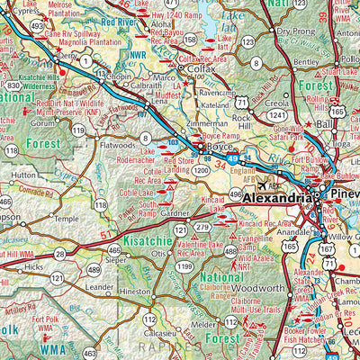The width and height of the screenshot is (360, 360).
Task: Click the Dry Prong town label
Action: [x=296, y=31]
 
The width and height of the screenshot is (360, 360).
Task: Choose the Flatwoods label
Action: [x=116, y=142]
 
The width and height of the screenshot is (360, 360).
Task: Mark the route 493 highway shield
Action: [x=37, y=26]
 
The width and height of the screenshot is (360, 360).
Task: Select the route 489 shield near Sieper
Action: [x=93, y=269]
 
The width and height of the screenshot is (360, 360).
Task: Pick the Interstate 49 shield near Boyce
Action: [x=233, y=158]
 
